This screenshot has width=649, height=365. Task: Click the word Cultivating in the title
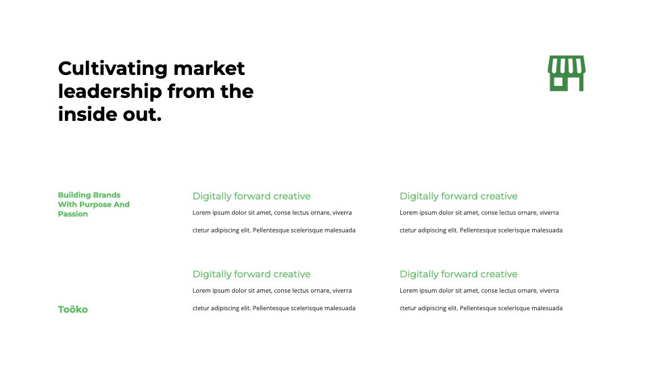[113, 69]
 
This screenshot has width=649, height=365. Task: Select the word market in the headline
[209, 69]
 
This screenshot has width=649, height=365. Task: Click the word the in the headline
[237, 92]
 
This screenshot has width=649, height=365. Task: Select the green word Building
[74, 195]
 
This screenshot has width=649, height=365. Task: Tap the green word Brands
[107, 195]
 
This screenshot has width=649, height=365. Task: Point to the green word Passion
[73, 214]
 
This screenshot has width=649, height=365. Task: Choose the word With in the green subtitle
[68, 204]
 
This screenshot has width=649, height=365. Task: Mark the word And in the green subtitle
[122, 204]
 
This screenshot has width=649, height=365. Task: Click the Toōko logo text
[73, 310]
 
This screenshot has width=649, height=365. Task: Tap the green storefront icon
[567, 73]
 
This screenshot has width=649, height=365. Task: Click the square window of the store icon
[558, 82]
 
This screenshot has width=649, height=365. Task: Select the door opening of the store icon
[575, 84]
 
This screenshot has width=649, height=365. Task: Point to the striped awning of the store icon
[567, 65]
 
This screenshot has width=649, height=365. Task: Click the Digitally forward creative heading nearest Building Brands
[251, 196]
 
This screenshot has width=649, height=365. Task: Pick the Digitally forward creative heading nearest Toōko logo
[251, 274]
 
